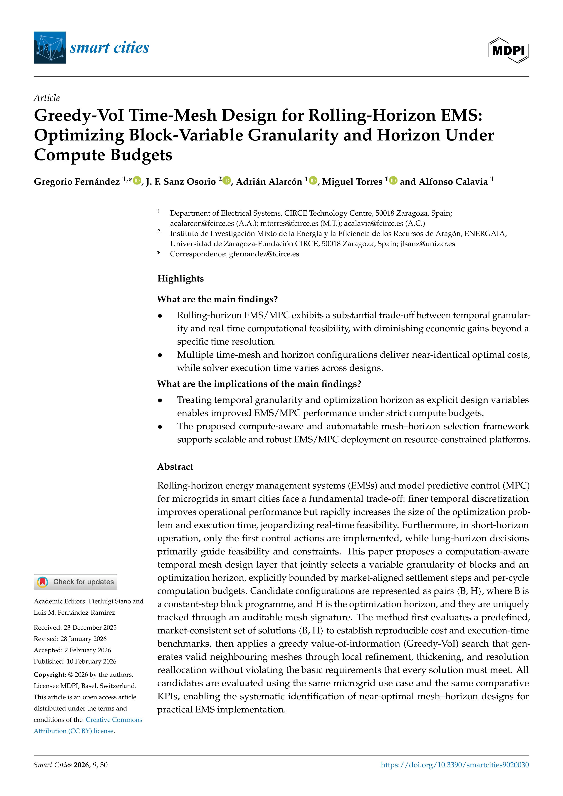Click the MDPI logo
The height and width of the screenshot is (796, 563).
click(508, 50)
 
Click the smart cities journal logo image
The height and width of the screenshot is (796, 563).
click(49, 47)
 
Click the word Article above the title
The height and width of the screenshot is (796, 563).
click(47, 98)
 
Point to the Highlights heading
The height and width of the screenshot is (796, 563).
click(180, 278)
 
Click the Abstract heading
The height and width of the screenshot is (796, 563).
click(175, 467)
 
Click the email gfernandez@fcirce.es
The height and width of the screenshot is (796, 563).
click(264, 254)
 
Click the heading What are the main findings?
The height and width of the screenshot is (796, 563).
click(217, 299)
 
